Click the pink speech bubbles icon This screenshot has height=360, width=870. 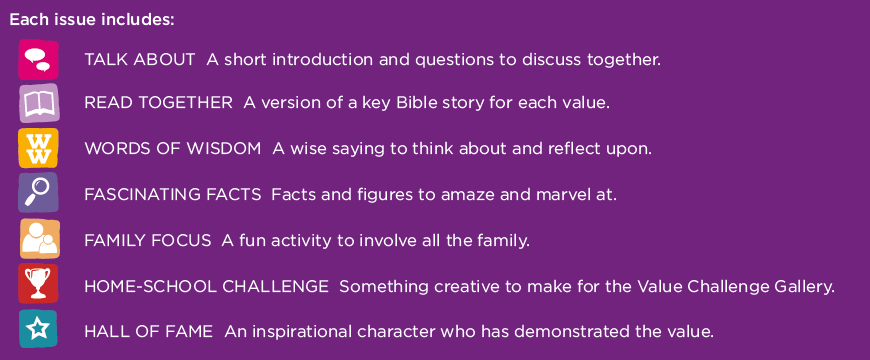tap(39, 59)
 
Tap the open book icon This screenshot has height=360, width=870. tap(39, 103)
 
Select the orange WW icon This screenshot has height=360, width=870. tap(39, 148)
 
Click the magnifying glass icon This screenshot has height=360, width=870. tap(39, 193)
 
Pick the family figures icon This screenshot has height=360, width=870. tap(39, 239)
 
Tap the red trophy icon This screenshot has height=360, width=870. tap(39, 284)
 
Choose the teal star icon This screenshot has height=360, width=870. tap(39, 329)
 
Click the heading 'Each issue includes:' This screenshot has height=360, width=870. tap(92, 21)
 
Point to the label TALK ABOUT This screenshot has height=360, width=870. tap(140, 59)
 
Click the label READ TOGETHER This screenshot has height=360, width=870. tap(159, 103)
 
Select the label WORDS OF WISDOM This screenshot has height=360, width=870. tap(173, 149)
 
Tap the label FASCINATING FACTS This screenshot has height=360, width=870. tap(173, 194)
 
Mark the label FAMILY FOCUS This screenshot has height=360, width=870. tap(148, 240)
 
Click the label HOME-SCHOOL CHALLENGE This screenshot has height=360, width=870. tap(206, 286)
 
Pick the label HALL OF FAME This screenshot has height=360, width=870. tap(149, 332)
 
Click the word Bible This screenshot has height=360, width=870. tap(413, 103)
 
